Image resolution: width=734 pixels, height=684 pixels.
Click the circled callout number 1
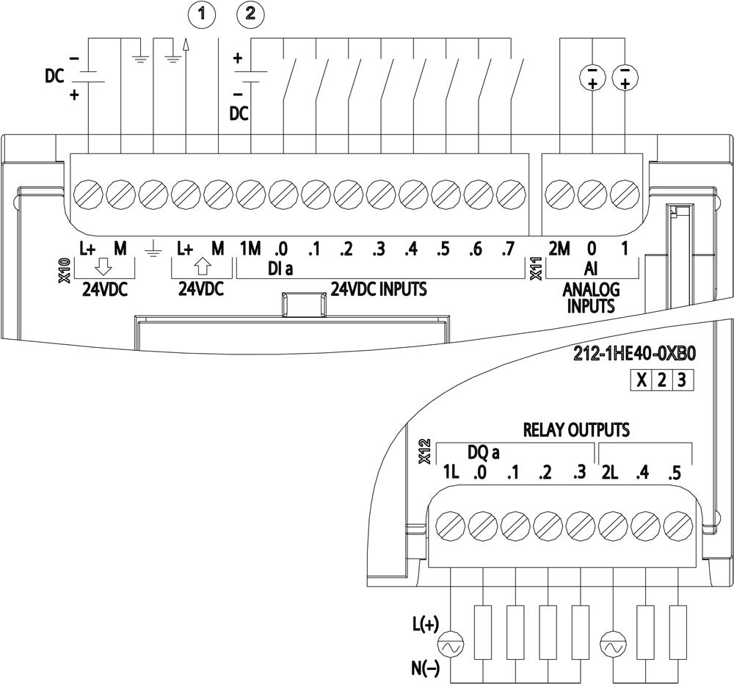(203, 13)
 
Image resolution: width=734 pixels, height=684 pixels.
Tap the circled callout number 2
(251, 13)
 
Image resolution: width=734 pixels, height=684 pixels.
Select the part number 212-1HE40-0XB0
(633, 354)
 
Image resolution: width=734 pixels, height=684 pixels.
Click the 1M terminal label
(250, 250)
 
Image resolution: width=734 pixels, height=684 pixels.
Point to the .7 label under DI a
(505, 250)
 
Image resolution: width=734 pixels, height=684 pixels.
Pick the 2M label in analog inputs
(559, 249)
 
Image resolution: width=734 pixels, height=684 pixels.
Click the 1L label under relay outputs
(450, 473)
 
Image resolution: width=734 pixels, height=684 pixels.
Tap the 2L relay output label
(611, 473)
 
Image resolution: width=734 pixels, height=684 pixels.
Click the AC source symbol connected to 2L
(611, 647)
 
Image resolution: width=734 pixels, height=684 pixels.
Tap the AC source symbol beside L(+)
(448, 647)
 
